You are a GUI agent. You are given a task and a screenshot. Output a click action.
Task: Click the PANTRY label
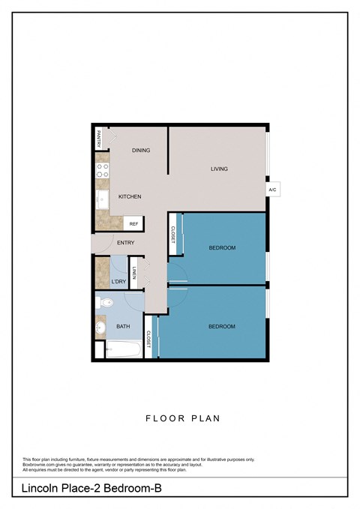pos(98,139)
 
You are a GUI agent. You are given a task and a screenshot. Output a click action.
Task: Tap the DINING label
pos(141,151)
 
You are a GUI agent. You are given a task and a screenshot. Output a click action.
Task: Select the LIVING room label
pos(219,169)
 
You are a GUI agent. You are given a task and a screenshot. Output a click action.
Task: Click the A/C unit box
pos(272,190)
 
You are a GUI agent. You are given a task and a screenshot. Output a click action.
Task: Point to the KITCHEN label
pos(130,196)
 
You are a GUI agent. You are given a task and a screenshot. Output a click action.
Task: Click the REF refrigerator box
pos(133,223)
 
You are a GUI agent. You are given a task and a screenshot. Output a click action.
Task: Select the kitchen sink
pos(102,199)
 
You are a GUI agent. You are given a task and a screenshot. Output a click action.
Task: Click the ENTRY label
pos(125,242)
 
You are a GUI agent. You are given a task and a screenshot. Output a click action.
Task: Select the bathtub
pos(122,349)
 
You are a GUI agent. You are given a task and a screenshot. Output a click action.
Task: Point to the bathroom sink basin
pos(100,328)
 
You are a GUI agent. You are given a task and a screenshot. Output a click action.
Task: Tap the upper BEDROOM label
pos(222,248)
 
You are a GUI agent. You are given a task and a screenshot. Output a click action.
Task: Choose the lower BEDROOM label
pos(222,326)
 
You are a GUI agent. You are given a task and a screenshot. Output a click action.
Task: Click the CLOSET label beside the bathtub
pos(148,339)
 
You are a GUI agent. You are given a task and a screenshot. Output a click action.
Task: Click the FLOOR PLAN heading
pos(182,418)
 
